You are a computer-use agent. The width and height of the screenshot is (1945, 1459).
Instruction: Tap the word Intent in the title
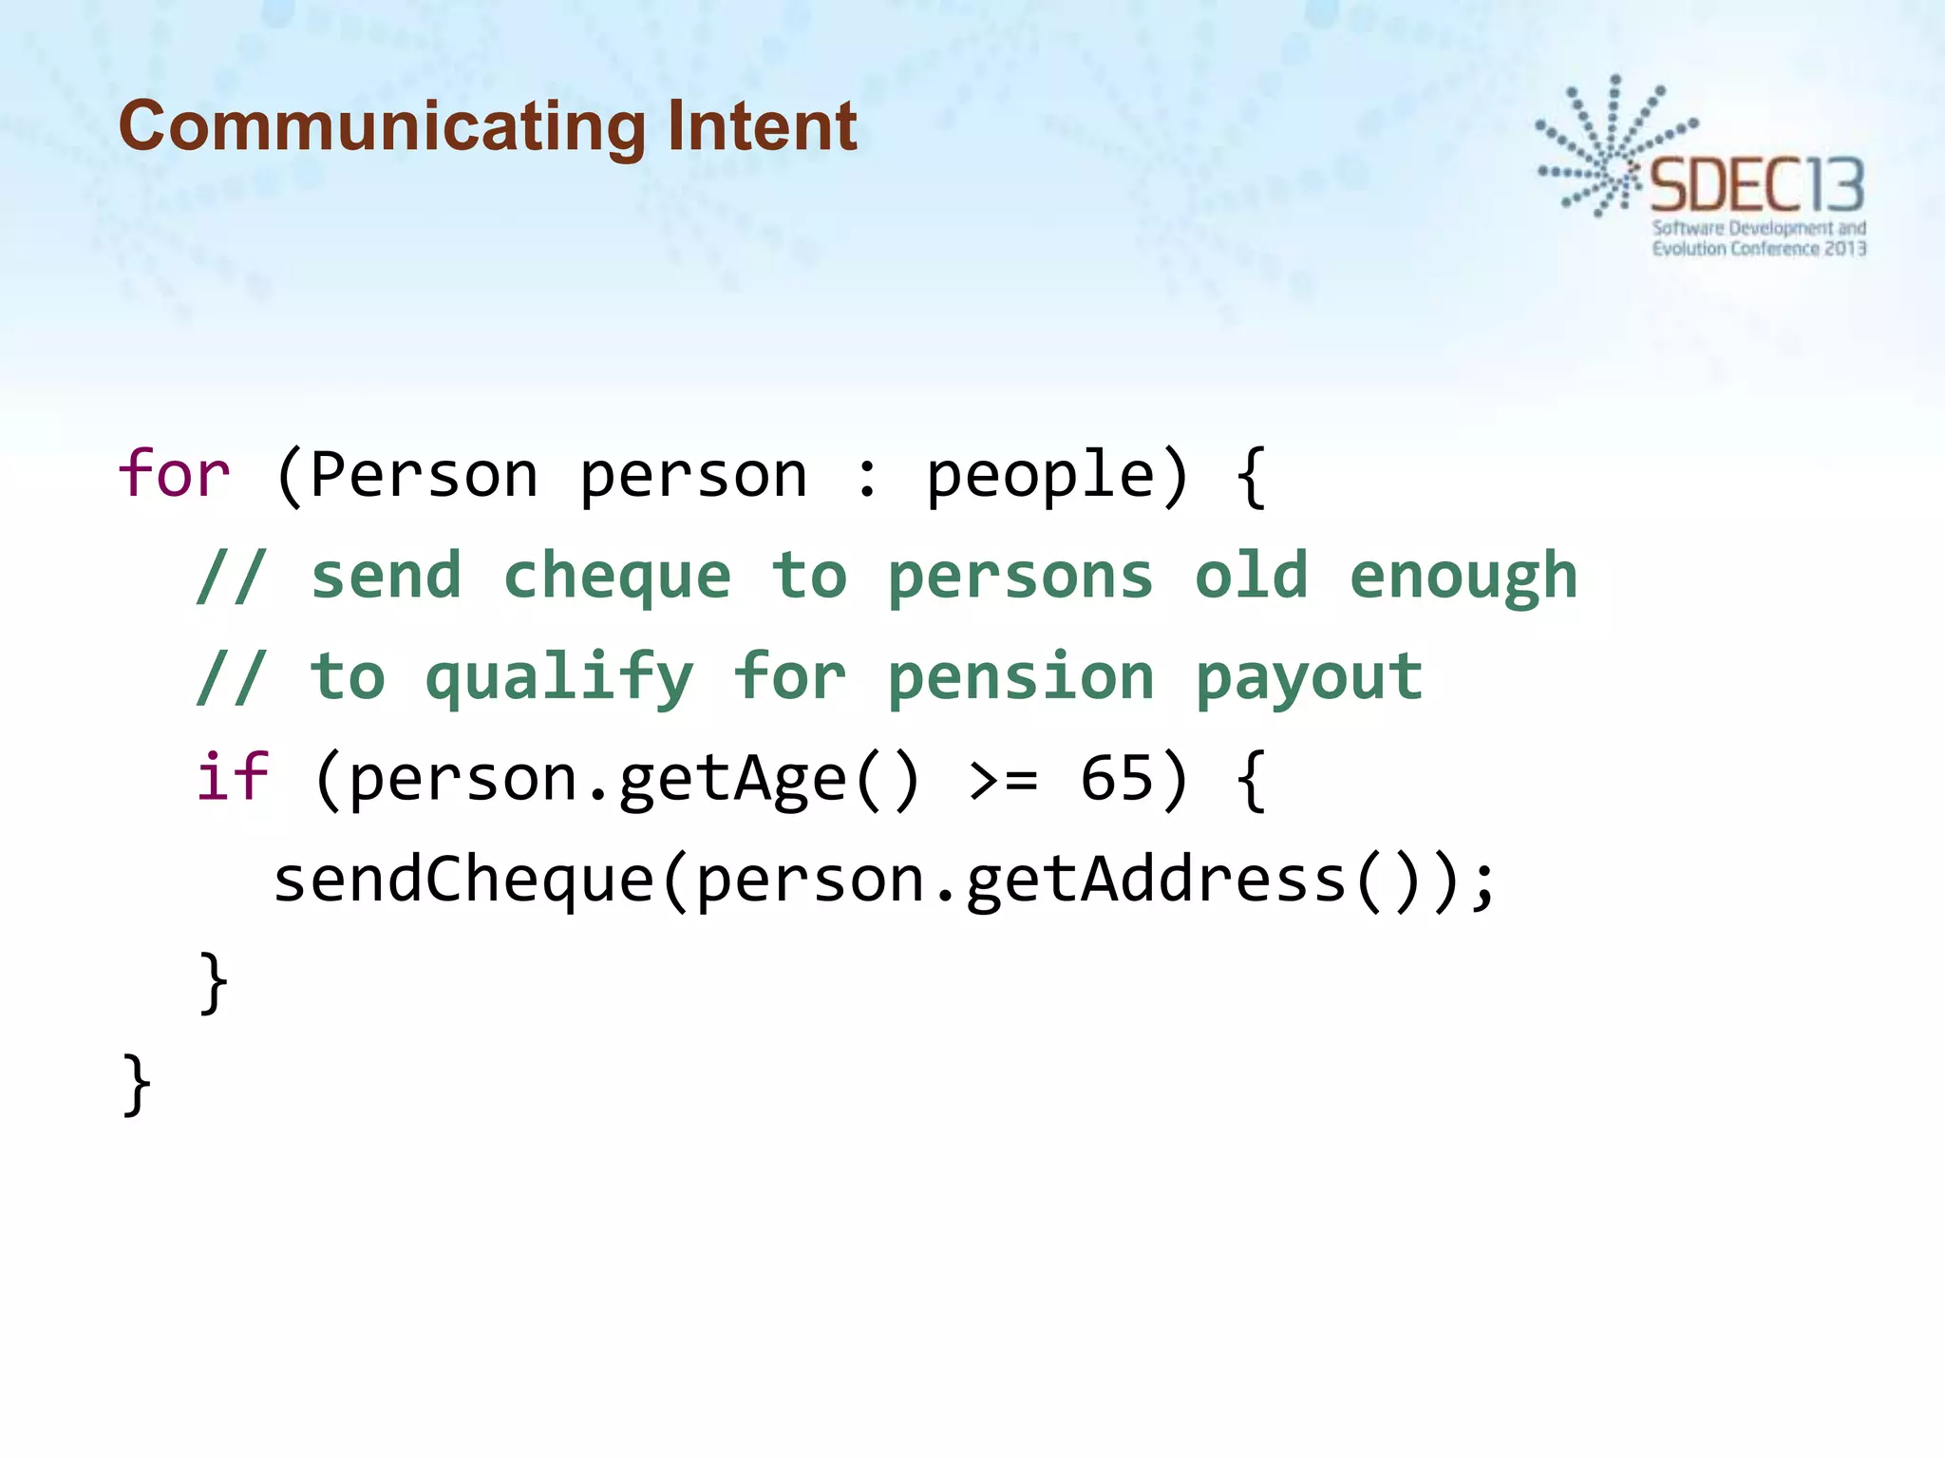coord(762,126)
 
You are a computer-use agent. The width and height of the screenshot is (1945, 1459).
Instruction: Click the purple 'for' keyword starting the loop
coord(174,474)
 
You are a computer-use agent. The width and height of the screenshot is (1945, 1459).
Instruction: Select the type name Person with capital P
coord(424,474)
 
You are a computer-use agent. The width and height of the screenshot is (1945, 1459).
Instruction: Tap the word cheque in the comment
coord(617,578)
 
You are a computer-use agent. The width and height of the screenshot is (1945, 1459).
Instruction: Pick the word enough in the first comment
coord(1463,578)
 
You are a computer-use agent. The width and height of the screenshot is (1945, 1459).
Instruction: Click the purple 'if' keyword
coord(233,778)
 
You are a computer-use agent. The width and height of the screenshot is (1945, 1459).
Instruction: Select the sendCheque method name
coord(464,879)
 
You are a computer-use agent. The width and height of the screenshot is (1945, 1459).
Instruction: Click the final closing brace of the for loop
coord(137,1084)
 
